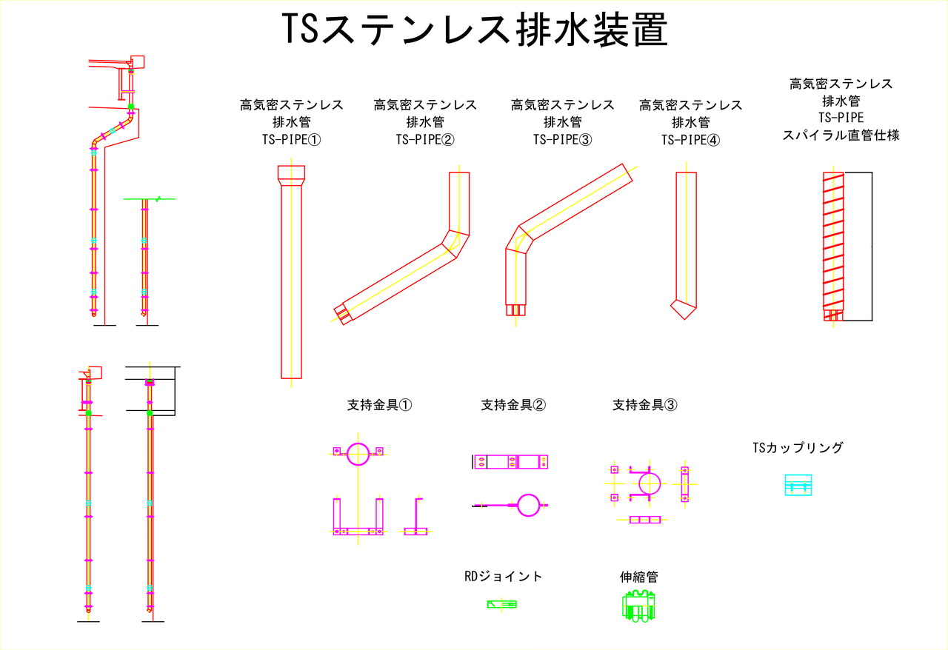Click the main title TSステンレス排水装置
(x=475, y=30)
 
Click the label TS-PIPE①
(x=291, y=139)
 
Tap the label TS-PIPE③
(x=562, y=139)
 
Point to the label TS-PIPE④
(x=690, y=139)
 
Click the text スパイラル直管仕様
(x=841, y=135)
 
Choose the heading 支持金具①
(x=379, y=405)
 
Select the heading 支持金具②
(x=513, y=405)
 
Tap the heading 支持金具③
(x=644, y=405)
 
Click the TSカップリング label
(x=798, y=447)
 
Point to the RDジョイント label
(x=503, y=576)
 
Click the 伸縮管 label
(x=638, y=576)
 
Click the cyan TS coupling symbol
(x=798, y=486)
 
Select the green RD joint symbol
(x=501, y=604)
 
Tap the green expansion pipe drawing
(x=638, y=606)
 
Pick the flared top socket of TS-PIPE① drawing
(x=291, y=175)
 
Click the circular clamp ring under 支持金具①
(x=357, y=454)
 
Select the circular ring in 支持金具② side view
(x=529, y=504)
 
